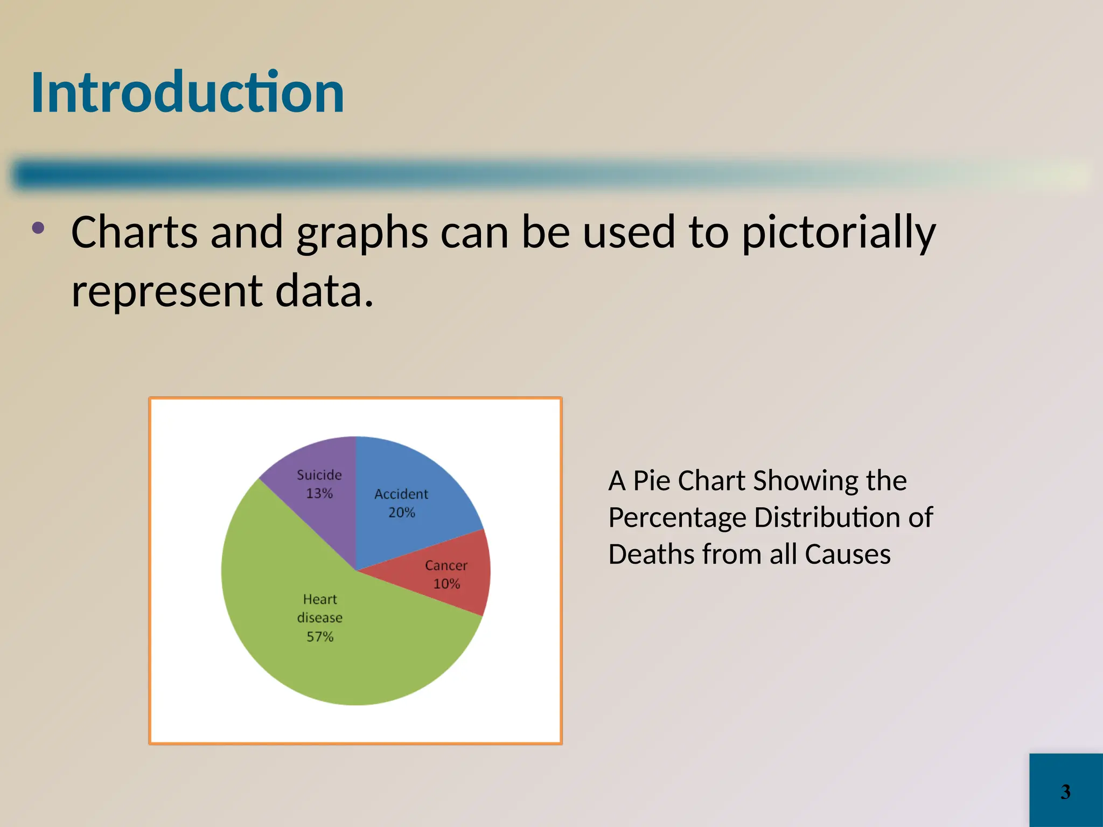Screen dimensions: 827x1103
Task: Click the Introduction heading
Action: tap(187, 93)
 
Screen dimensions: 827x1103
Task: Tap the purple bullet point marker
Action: tap(38, 228)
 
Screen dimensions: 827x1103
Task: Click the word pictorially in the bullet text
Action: tap(839, 233)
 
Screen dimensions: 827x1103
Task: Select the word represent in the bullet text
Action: tap(167, 291)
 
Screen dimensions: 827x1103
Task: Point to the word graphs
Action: tap(362, 233)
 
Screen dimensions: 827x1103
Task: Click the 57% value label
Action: tap(320, 637)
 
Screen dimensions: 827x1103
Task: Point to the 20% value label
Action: tap(402, 513)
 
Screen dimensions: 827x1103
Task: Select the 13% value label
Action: tap(319, 493)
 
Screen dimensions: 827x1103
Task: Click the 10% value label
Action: tap(446, 584)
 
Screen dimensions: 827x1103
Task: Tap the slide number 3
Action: tap(1065, 791)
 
